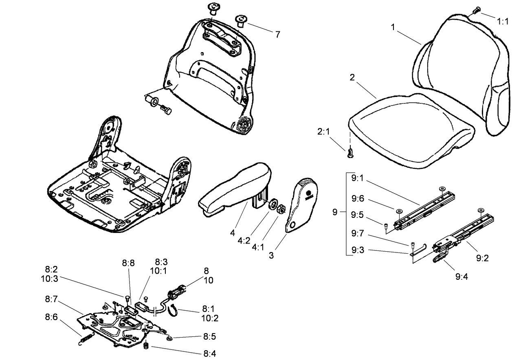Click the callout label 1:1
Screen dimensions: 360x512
(x=503, y=20)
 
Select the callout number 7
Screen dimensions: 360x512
(x=277, y=35)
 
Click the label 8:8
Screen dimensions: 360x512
(x=128, y=263)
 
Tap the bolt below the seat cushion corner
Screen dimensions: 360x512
(x=349, y=153)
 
